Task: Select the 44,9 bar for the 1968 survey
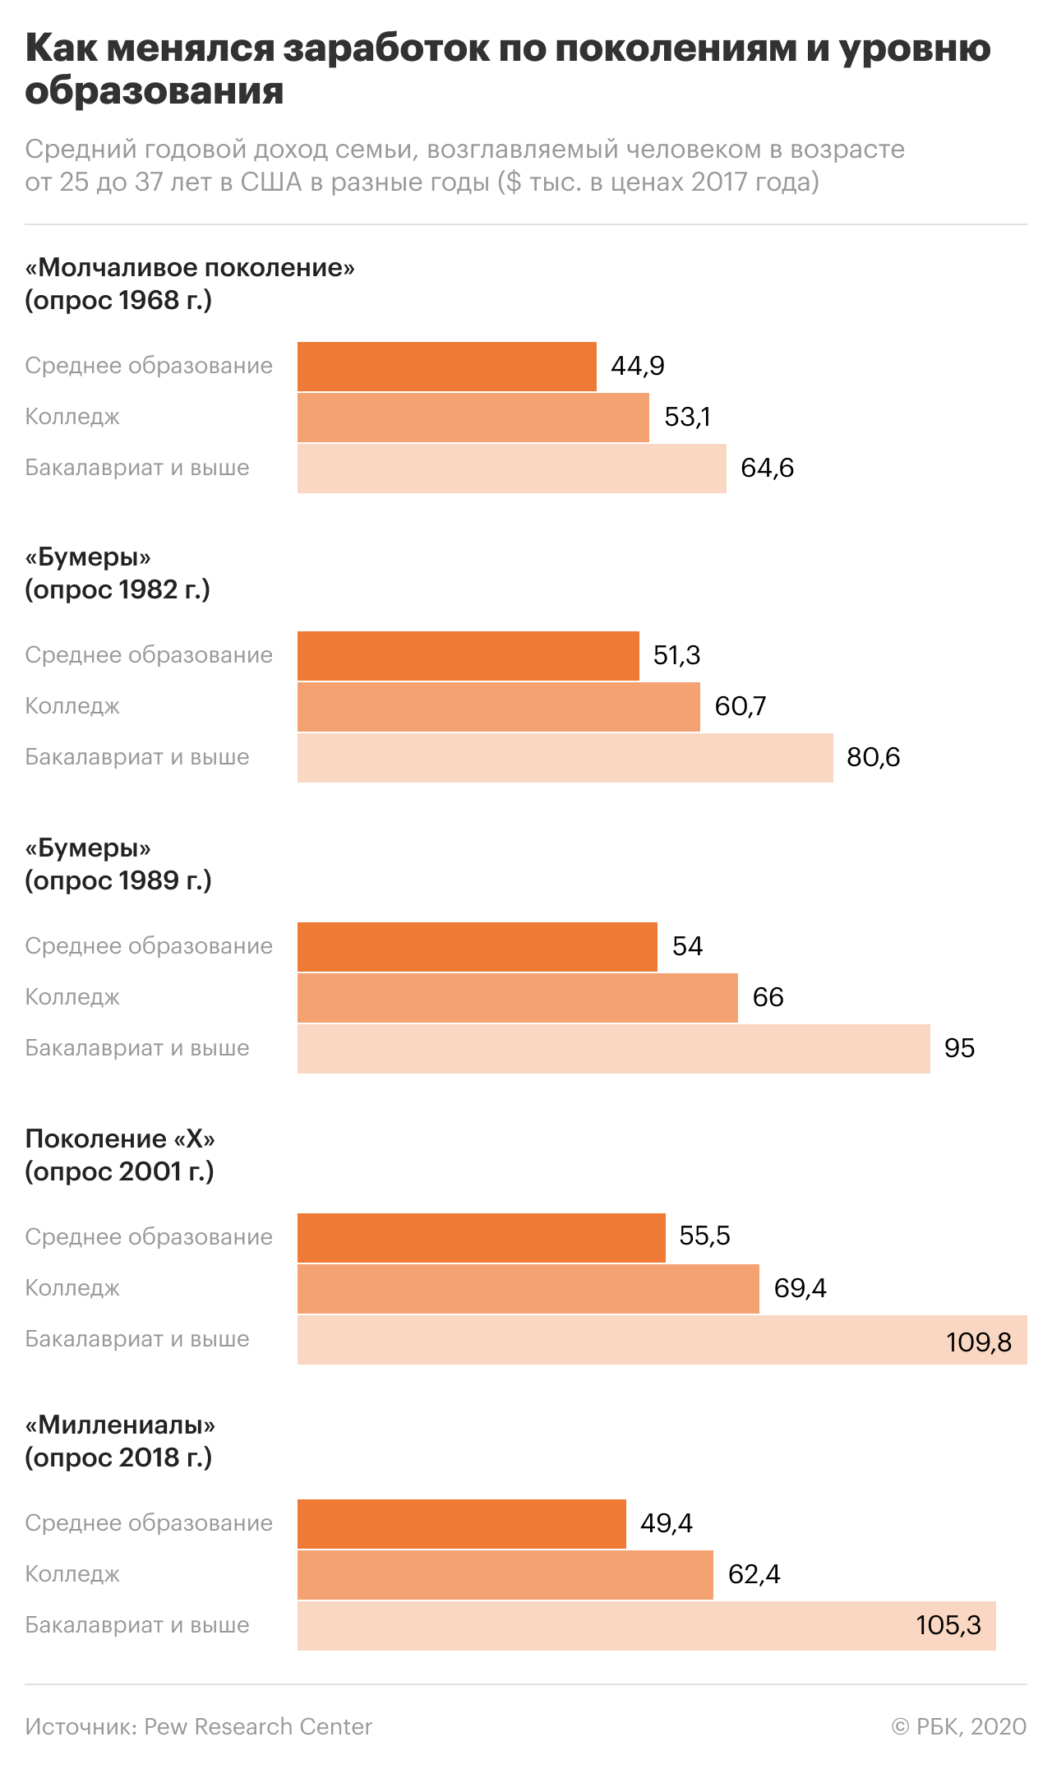[x=446, y=367]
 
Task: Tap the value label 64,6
[x=767, y=469]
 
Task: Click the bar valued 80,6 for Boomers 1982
[x=565, y=757]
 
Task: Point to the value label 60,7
[x=740, y=706]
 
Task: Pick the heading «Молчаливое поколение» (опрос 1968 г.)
[x=190, y=284]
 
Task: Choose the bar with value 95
[x=613, y=1048]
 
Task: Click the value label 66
[x=768, y=997]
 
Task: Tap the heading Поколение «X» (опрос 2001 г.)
[x=120, y=1154]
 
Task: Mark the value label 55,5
[x=704, y=1236]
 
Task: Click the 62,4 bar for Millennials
[x=505, y=1574]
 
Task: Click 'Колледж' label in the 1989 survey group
[x=72, y=997]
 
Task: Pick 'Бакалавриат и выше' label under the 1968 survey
[x=137, y=469]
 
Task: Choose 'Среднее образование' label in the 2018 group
[x=149, y=1523]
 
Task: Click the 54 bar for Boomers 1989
[x=477, y=946]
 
